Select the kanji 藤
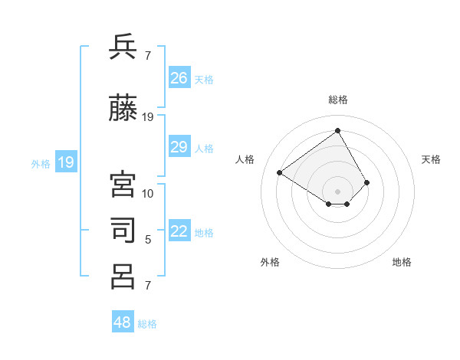123,108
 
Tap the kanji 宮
123,185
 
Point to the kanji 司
123,231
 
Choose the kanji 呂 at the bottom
123,277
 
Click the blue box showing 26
179,77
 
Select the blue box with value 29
179,147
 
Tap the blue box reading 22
179,231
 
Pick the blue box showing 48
123,322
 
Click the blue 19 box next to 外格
65,162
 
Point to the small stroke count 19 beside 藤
148,116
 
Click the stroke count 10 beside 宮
148,193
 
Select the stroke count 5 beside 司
148,240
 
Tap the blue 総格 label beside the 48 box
147,324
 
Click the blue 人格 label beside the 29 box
204,148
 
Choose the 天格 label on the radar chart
431,159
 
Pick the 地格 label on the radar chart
402,262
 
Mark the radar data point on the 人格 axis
280,172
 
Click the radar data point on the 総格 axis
337,130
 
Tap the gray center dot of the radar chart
337,191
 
